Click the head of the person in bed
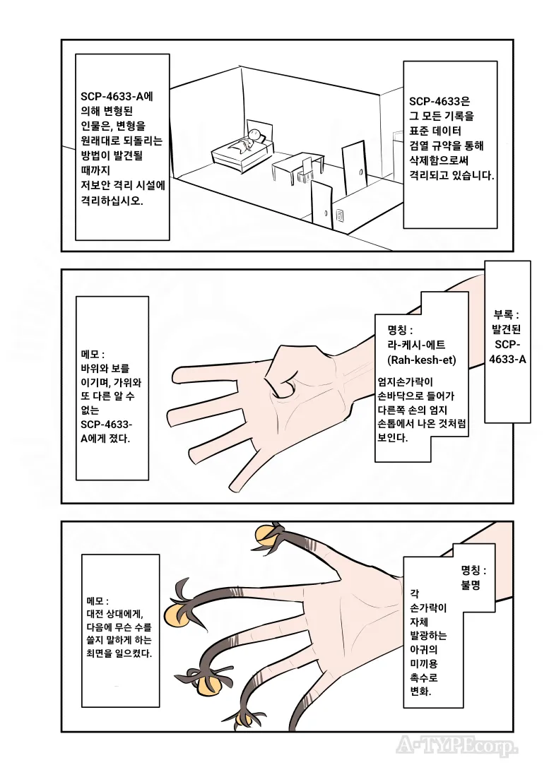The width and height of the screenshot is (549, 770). pyautogui.click(x=255, y=135)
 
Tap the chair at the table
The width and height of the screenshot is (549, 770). pyautogui.click(x=306, y=169)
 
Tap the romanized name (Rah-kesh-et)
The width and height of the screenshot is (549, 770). pyautogui.click(x=421, y=360)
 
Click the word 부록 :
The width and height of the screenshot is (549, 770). pyautogui.click(x=507, y=315)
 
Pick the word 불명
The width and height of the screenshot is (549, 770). pyautogui.click(x=471, y=585)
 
